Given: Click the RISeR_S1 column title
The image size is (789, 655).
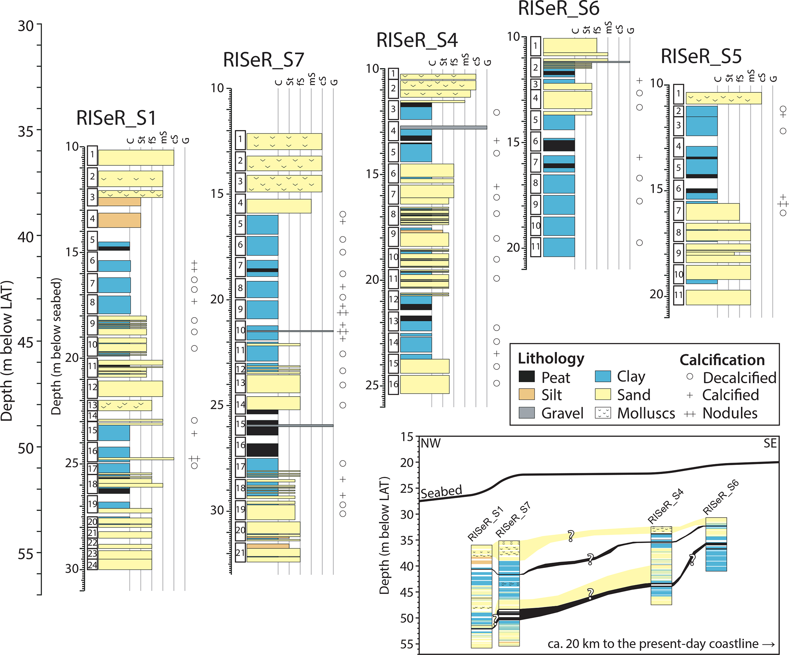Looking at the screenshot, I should tap(116, 118).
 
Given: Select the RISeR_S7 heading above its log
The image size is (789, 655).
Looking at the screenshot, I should tap(263, 60).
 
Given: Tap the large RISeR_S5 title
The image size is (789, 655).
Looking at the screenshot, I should tap(701, 56).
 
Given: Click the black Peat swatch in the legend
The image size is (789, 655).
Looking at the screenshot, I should tap(527, 377).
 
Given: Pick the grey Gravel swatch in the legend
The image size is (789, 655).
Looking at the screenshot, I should tap(527, 413).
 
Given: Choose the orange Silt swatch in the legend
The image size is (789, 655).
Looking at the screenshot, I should tap(527, 394).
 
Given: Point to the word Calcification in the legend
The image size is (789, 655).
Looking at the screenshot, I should tap(722, 360).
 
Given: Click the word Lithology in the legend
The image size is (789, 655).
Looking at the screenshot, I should tap(551, 358).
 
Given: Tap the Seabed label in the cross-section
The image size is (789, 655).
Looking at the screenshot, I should tap(441, 492).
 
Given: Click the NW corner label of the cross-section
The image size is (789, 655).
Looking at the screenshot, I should tap(431, 444).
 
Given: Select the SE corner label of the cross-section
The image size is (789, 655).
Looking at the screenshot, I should tap(770, 444).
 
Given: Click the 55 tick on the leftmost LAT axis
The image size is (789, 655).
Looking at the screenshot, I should tap(26, 553).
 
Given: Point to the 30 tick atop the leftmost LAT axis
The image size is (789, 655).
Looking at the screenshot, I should tap(26, 26).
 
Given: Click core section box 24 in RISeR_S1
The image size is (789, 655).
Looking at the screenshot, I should tap(92, 565).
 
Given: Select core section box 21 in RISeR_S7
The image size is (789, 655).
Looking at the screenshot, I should tap(240, 552).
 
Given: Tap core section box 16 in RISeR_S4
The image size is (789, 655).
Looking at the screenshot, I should tap(394, 384).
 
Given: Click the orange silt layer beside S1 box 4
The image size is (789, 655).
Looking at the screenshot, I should tap(119, 220).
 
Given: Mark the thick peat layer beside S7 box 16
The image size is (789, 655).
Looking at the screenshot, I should tap(262, 450).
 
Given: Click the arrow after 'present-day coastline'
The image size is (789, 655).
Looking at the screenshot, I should tap(768, 644).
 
